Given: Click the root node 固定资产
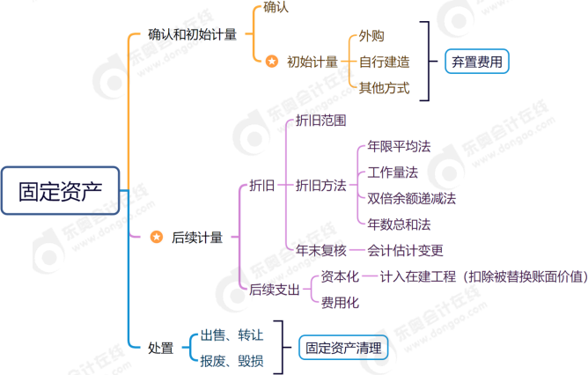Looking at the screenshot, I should pyautogui.click(x=60, y=189).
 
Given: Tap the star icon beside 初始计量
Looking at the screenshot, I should pyautogui.click(x=272, y=62).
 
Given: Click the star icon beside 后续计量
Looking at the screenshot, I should pyautogui.click(x=157, y=237).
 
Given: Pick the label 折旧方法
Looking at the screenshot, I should pyautogui.click(x=320, y=185).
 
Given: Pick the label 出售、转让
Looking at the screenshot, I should pyautogui.click(x=231, y=335).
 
